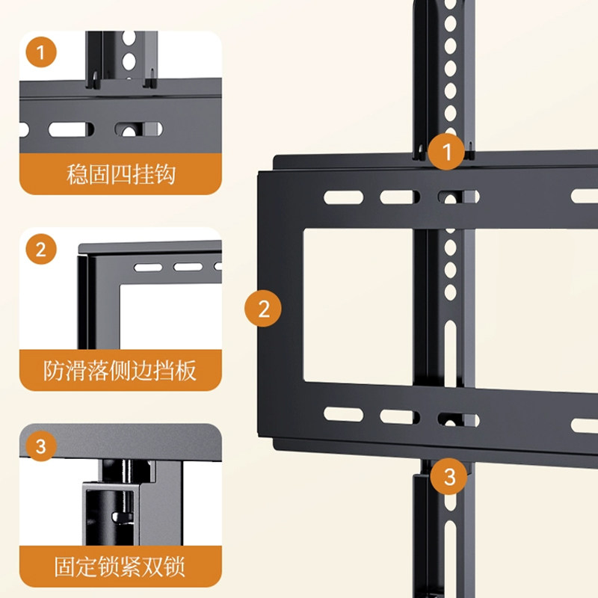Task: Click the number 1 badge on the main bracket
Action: click(448, 153)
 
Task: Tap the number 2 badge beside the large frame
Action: click(263, 308)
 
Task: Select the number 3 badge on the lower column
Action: click(449, 476)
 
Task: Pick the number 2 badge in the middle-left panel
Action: click(41, 249)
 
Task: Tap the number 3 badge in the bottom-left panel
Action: click(41, 446)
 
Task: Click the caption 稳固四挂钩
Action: click(120, 175)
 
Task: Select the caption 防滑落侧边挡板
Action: click(120, 370)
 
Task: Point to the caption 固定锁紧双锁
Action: click(120, 566)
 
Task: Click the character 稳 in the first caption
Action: click(77, 175)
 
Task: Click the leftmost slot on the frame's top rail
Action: click(342, 197)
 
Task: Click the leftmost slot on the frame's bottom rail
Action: click(342, 415)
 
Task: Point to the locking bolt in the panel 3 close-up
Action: click(117, 516)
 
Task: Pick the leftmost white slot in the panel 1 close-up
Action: click(72, 129)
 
